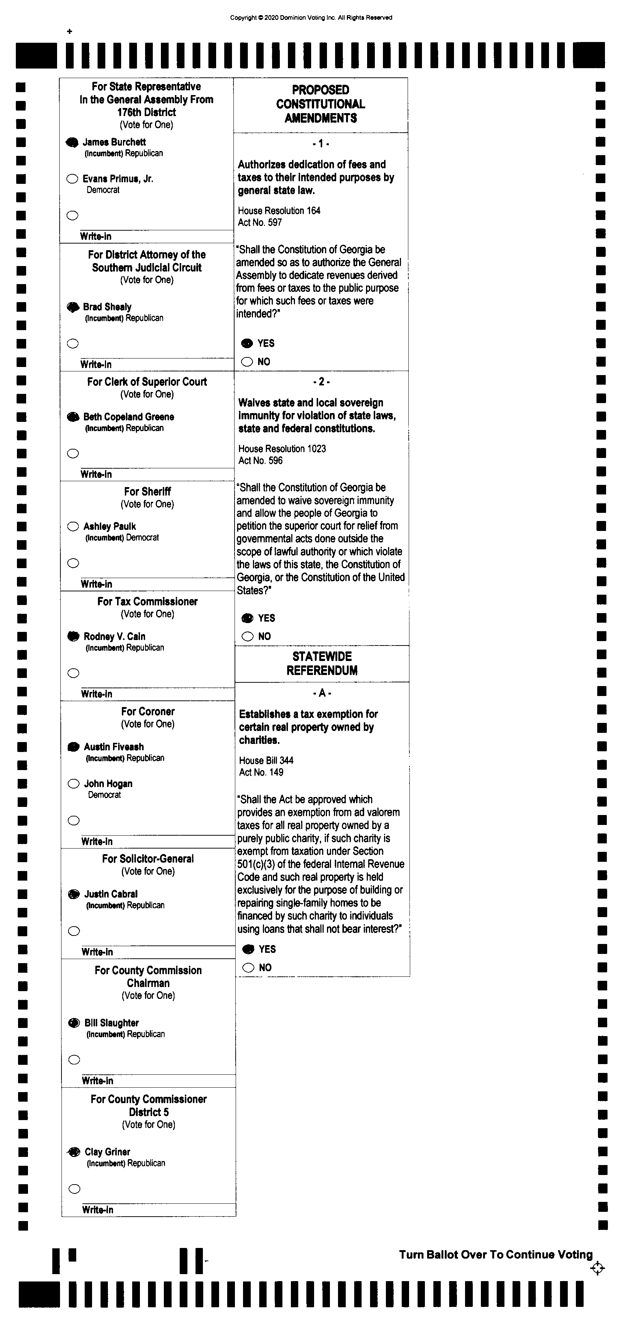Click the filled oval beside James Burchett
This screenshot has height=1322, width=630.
tap(72, 143)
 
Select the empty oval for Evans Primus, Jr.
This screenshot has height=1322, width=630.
tap(72, 179)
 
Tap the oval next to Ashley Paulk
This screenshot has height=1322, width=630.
tap(73, 527)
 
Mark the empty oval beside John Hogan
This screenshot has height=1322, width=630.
tap(74, 784)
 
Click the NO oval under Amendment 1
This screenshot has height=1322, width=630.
tap(247, 362)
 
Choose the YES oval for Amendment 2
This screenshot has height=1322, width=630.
tap(248, 618)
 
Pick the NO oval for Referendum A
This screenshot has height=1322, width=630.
tap(249, 968)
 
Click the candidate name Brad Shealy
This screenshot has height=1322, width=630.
tap(107, 307)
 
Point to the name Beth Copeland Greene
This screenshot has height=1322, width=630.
tap(129, 417)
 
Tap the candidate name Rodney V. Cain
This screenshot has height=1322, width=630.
tap(115, 636)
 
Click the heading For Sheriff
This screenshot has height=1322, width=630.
tap(147, 492)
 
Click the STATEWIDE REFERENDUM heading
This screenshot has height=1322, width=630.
tap(322, 663)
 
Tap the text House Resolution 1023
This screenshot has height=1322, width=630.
tap(282, 448)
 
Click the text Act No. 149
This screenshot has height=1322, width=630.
tap(261, 772)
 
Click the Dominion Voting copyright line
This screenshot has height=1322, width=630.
tap(311, 17)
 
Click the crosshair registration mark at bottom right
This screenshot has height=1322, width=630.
tap(598, 1269)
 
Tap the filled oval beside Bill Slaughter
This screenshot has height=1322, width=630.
tap(74, 1023)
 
